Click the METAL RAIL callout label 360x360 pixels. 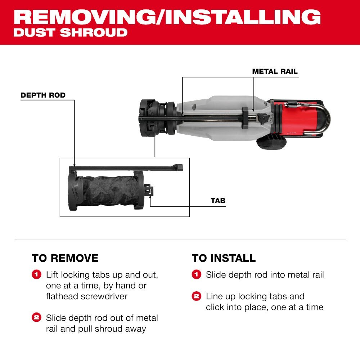point(275,71)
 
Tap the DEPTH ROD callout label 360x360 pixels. point(43,95)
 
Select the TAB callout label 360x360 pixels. point(218,201)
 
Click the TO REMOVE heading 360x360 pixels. point(65,258)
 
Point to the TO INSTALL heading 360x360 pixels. point(224,258)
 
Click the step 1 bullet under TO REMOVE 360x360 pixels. point(36,275)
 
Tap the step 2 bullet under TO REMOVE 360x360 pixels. point(36,318)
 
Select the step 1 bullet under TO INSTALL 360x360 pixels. point(196,275)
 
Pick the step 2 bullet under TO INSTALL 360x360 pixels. point(196,297)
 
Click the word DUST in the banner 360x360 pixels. point(34,32)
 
